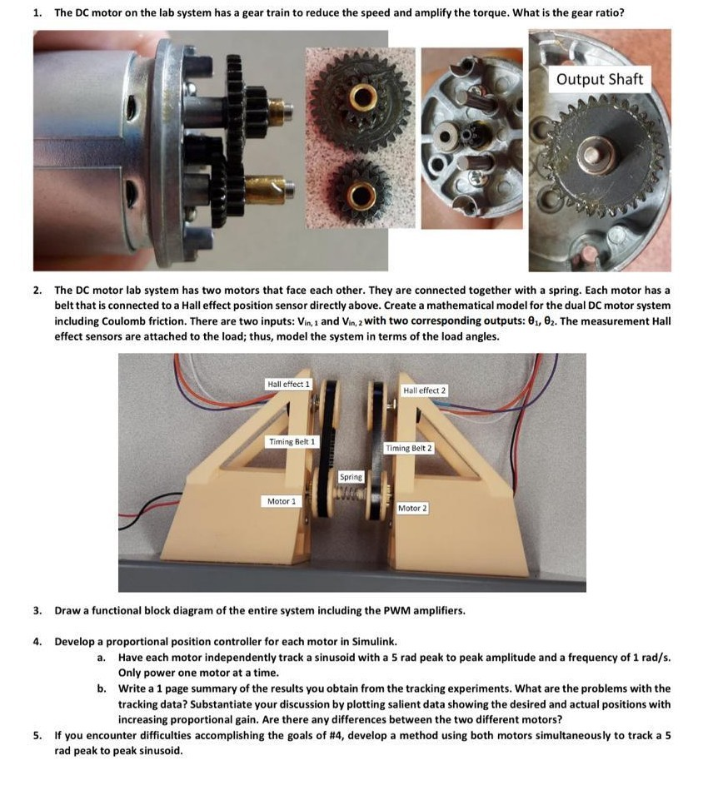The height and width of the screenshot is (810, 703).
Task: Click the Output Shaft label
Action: coord(599,79)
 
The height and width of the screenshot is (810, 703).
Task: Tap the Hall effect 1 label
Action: coord(287,385)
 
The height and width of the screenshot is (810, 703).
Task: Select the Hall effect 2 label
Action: coord(424,390)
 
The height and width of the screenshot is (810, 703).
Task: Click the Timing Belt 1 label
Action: coord(292,441)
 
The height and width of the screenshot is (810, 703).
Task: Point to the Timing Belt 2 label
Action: coord(407,448)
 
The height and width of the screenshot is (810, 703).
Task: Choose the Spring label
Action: coord(351,477)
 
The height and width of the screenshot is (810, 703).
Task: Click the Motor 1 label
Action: coord(279,501)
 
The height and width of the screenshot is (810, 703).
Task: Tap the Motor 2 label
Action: coord(411,508)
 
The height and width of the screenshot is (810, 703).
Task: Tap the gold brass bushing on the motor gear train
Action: coord(269,189)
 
